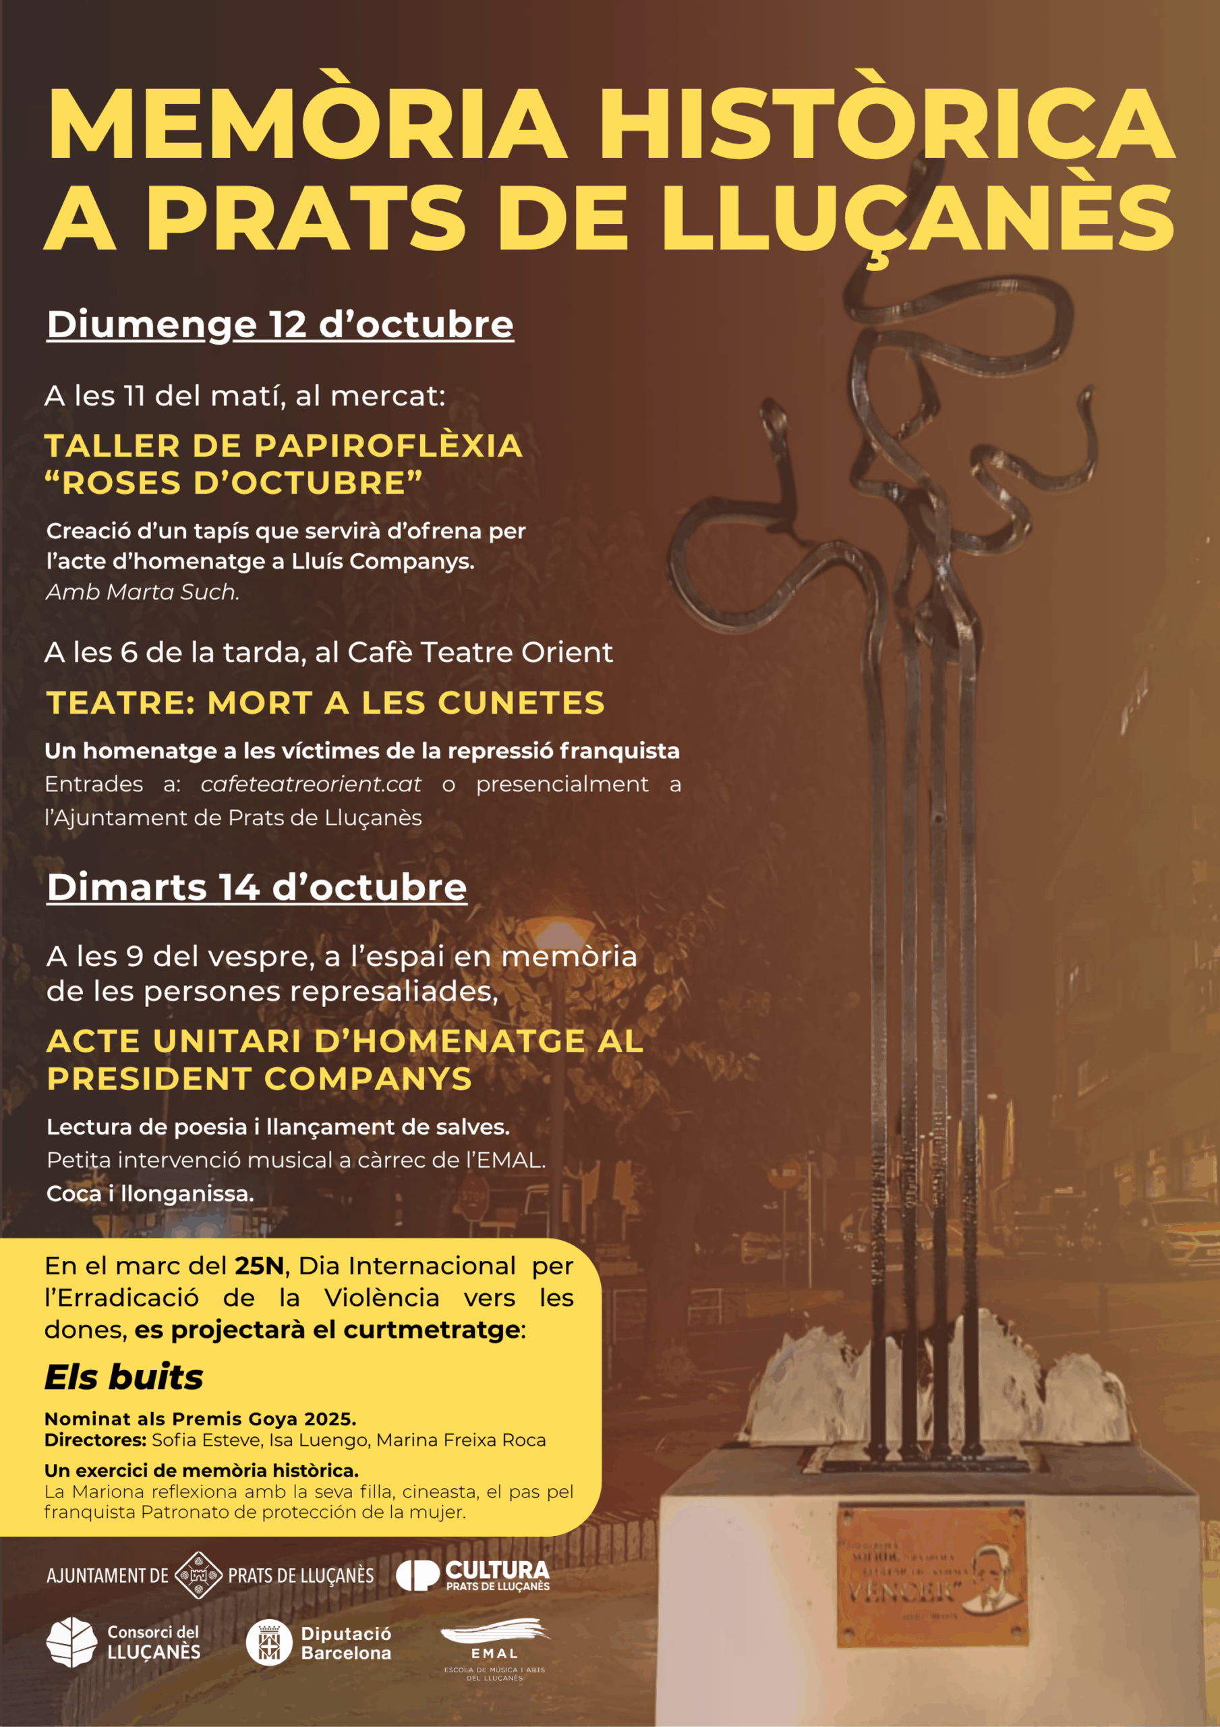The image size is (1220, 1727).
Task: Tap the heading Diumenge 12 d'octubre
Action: click(x=280, y=324)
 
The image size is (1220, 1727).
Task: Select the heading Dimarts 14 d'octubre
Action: click(x=256, y=887)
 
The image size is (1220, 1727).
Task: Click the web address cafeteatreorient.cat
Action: click(x=311, y=784)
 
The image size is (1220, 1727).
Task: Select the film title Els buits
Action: click(x=124, y=1378)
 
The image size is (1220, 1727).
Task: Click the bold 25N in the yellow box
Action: click(x=259, y=1266)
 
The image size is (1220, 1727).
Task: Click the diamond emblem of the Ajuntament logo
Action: click(x=198, y=1575)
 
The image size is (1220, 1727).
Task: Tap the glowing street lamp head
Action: click(x=557, y=931)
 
